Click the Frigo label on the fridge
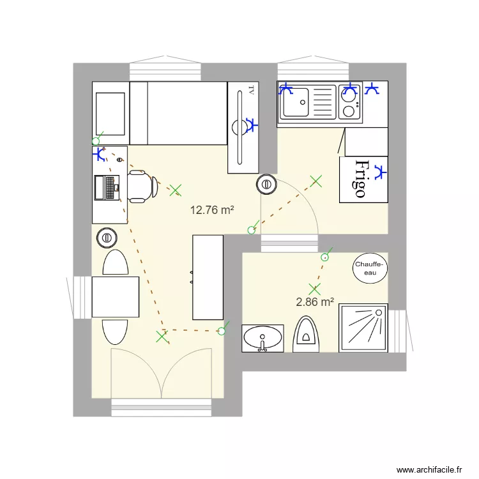pyautogui.click(x=361, y=178)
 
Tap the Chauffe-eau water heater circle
pyautogui.click(x=370, y=268)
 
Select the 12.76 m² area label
pyautogui.click(x=212, y=209)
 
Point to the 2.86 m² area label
pyautogui.click(x=316, y=302)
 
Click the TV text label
pyautogui.click(x=252, y=90)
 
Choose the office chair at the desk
pyautogui.click(x=142, y=186)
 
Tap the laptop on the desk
pyautogui.click(x=106, y=186)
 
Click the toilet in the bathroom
pyautogui.click(x=307, y=334)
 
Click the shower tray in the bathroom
pyautogui.click(x=363, y=328)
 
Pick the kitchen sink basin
pyautogui.click(x=296, y=103)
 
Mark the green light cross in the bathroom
pyautogui.click(x=314, y=289)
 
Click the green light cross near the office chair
pyautogui.click(x=176, y=190)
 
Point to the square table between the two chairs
pyautogui.click(x=115, y=296)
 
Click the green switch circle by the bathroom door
pyautogui.click(x=325, y=257)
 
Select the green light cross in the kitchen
pyautogui.click(x=316, y=181)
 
